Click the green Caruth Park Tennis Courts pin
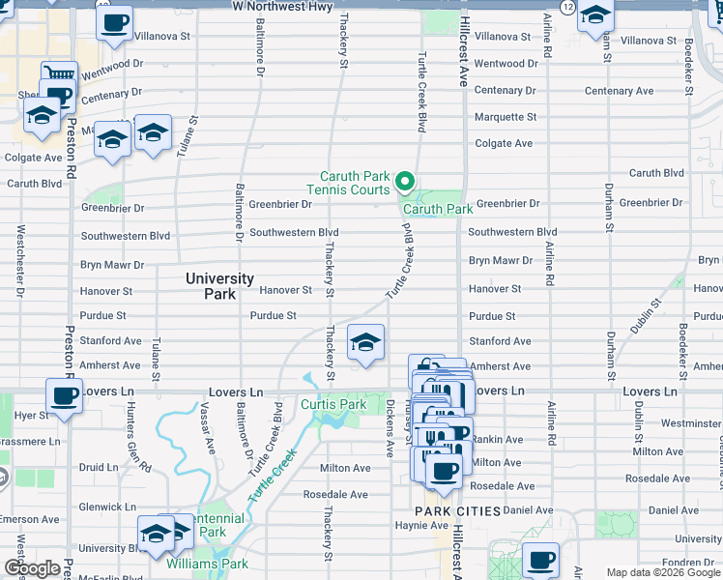405,181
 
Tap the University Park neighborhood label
219,285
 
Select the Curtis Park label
332,404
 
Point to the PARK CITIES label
458,510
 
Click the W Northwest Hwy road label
282,6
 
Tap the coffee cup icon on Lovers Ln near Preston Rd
64,396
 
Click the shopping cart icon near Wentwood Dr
59,75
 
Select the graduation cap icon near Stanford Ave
365,342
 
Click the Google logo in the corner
32,568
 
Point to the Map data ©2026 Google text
662,572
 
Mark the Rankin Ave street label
497,438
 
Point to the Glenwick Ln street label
106,507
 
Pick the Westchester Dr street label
19,261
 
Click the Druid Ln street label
98,467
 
